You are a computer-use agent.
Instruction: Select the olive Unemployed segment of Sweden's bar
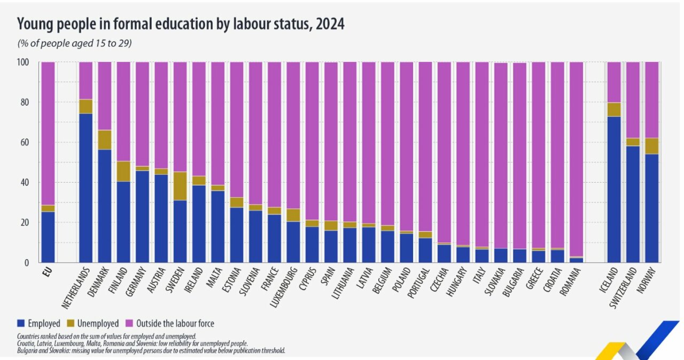(x=180, y=186)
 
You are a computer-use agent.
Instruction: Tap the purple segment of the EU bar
(x=48, y=134)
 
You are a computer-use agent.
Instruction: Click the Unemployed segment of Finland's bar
(x=123, y=171)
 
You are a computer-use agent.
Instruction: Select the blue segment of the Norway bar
(x=651, y=208)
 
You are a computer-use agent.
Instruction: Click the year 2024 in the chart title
(x=328, y=24)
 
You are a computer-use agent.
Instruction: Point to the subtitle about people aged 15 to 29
(x=74, y=43)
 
